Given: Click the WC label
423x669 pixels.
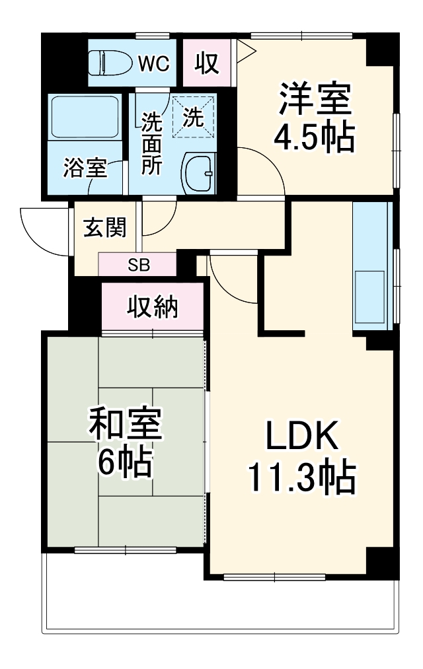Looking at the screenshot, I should click(154, 63).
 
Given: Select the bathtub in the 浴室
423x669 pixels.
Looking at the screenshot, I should click(85, 117).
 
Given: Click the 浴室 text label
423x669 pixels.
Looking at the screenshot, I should click(85, 168).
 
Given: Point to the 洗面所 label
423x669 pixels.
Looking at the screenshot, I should click(151, 143).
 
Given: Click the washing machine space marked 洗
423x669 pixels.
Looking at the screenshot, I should click(193, 118).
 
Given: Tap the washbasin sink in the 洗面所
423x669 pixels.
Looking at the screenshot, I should click(199, 174).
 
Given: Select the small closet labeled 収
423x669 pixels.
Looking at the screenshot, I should click(206, 63).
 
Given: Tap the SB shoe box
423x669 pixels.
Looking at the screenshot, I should click(138, 265).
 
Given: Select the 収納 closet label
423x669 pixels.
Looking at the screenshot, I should click(152, 306).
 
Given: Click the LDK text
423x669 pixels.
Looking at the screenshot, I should click(302, 437).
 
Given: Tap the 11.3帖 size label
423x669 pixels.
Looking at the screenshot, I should click(302, 477).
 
